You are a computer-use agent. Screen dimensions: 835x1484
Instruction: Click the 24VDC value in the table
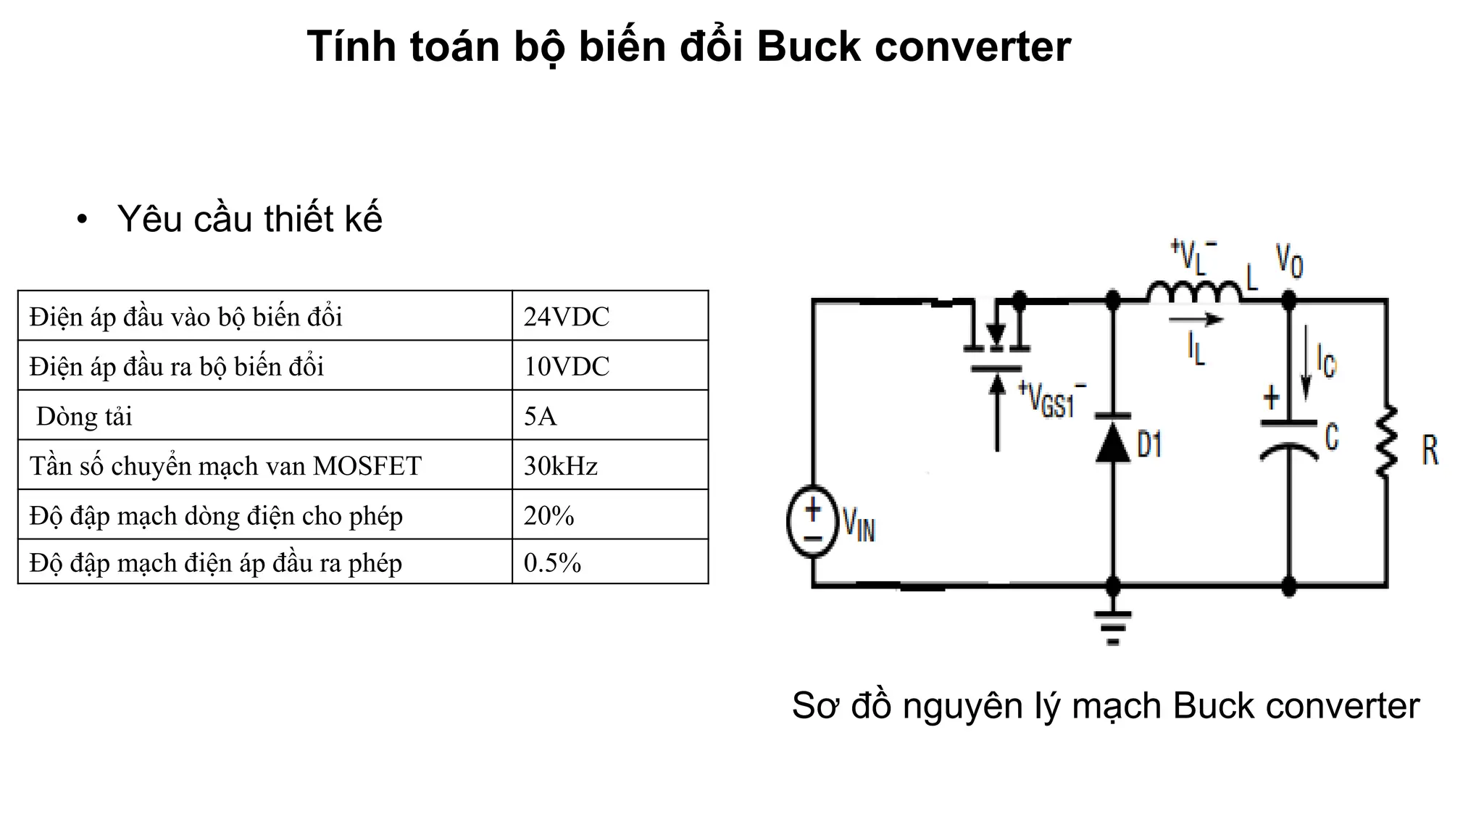point(567,317)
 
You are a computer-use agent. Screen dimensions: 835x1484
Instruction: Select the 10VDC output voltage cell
point(567,366)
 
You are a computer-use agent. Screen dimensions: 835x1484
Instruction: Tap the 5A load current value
point(541,416)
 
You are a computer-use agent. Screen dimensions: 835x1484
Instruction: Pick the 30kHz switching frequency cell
point(561,465)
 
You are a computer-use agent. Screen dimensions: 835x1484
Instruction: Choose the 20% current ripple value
point(549,515)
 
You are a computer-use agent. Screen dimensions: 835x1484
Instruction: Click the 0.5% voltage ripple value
point(552,563)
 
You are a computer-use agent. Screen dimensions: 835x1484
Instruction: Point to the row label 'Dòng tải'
point(84,416)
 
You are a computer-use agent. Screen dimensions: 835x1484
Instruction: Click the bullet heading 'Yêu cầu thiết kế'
point(249,219)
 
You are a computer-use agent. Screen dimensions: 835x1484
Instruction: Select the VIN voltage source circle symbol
point(813,521)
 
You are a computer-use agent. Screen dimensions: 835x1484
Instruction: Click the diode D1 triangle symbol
point(1113,441)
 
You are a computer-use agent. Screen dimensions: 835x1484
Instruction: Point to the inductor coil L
point(1193,292)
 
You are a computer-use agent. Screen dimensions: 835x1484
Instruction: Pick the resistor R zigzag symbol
point(1386,442)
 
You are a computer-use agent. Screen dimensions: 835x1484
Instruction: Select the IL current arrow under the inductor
point(1196,320)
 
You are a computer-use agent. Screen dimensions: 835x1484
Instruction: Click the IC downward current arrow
point(1306,362)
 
